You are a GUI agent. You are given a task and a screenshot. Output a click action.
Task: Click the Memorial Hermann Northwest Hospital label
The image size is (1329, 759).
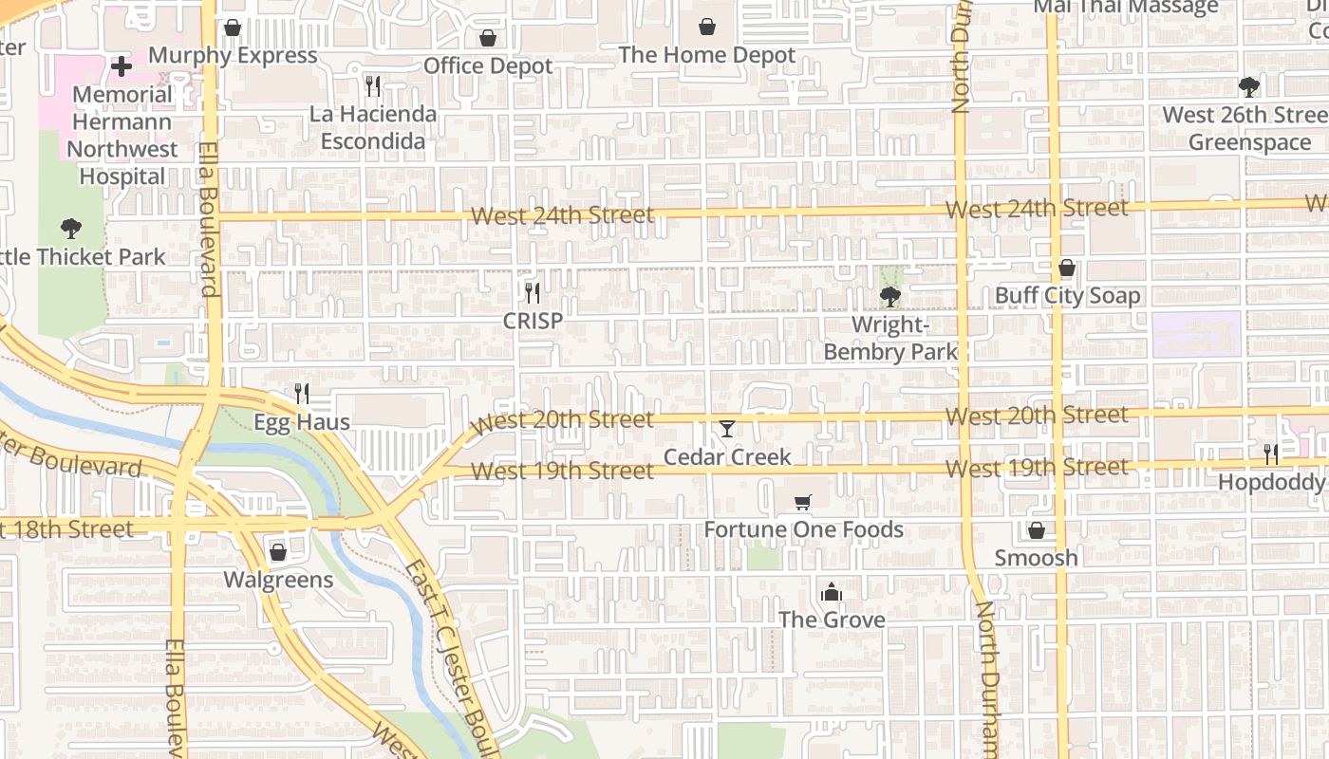point(122,135)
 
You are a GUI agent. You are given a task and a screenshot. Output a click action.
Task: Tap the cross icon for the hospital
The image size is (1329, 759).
point(122,66)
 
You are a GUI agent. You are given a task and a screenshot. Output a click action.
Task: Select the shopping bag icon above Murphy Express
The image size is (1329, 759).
point(233,28)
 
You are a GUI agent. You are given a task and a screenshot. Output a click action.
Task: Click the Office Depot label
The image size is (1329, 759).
point(488,65)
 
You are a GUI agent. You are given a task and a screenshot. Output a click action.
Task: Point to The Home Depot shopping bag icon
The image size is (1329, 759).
point(707,28)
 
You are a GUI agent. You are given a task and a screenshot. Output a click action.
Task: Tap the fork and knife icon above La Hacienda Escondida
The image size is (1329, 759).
point(373,86)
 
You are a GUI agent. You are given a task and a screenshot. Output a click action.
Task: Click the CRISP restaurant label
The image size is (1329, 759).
point(533,321)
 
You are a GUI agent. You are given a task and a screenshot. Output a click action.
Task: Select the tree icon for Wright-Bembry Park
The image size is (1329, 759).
point(890,297)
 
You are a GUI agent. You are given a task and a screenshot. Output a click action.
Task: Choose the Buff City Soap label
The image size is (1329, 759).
point(1067,296)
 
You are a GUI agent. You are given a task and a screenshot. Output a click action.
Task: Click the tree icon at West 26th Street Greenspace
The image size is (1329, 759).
point(1249,87)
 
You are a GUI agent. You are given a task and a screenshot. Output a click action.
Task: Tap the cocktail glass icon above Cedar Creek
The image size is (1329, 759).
point(727,430)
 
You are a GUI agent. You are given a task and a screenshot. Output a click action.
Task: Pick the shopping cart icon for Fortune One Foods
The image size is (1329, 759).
point(803,502)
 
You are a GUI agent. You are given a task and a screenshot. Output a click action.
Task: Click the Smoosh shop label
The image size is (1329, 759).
point(1036,558)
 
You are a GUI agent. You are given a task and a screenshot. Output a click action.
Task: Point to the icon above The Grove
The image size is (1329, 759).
point(832,593)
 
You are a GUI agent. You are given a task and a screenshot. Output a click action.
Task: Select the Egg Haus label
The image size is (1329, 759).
point(302,422)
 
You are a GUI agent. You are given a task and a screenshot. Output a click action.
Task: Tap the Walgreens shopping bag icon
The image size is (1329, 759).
point(278,552)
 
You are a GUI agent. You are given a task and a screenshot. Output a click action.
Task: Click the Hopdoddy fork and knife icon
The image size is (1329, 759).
point(1271,454)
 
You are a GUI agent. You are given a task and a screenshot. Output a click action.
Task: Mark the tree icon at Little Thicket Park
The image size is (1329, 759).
point(70,229)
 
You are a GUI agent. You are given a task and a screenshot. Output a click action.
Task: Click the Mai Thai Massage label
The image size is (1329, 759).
point(1125,7)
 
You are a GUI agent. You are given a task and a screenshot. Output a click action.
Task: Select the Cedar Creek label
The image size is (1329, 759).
point(727,457)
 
